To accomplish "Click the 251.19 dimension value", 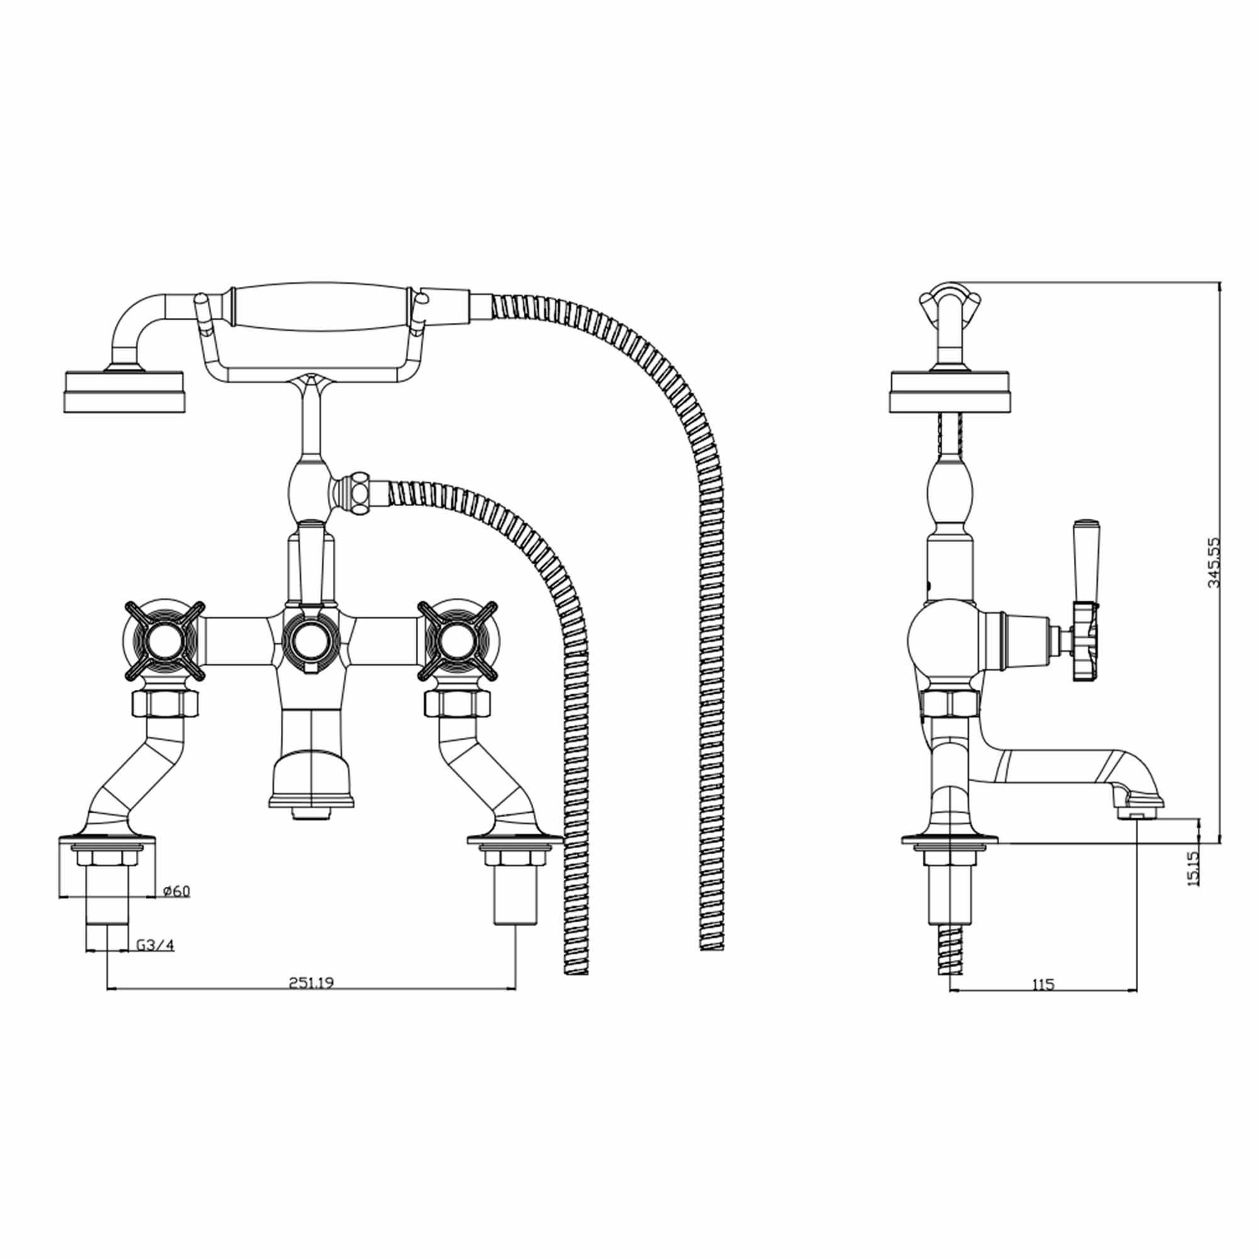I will click(x=311, y=983).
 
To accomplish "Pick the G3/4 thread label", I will click(x=155, y=945).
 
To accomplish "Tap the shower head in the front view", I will click(x=124, y=392).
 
